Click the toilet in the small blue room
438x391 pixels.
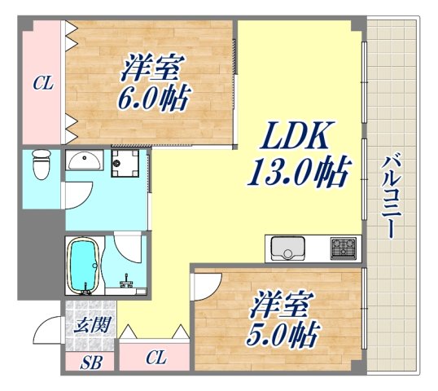coord(40,167)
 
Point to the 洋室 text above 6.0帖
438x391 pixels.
coord(155,68)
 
